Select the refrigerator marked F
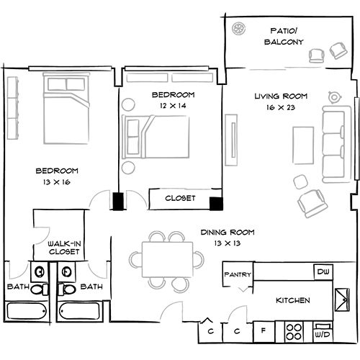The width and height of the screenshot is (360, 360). (264, 332)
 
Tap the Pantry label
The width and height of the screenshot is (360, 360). (236, 275)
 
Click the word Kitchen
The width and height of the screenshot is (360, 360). (293, 300)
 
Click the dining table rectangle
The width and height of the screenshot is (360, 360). (167, 257)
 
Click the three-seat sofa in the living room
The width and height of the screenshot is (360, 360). (333, 144)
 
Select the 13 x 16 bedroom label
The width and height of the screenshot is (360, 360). (57, 176)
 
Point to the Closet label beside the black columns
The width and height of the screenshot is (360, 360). (180, 198)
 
